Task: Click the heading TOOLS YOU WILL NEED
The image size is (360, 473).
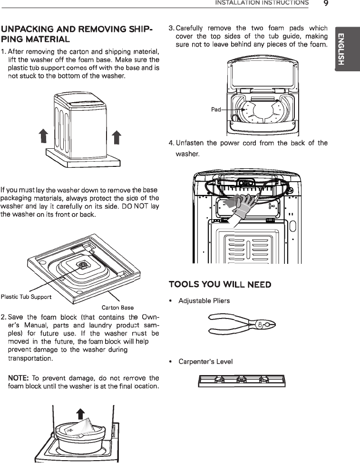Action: [220, 284]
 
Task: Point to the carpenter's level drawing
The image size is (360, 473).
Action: [242, 380]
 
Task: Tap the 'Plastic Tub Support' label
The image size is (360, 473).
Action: [26, 298]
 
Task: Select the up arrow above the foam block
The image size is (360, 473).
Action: [81, 414]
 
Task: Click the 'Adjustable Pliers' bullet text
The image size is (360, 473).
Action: [204, 301]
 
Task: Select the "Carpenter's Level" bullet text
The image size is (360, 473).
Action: [205, 362]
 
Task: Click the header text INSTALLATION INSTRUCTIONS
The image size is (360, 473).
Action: [262, 3]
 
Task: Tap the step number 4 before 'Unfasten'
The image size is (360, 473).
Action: [171, 143]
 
